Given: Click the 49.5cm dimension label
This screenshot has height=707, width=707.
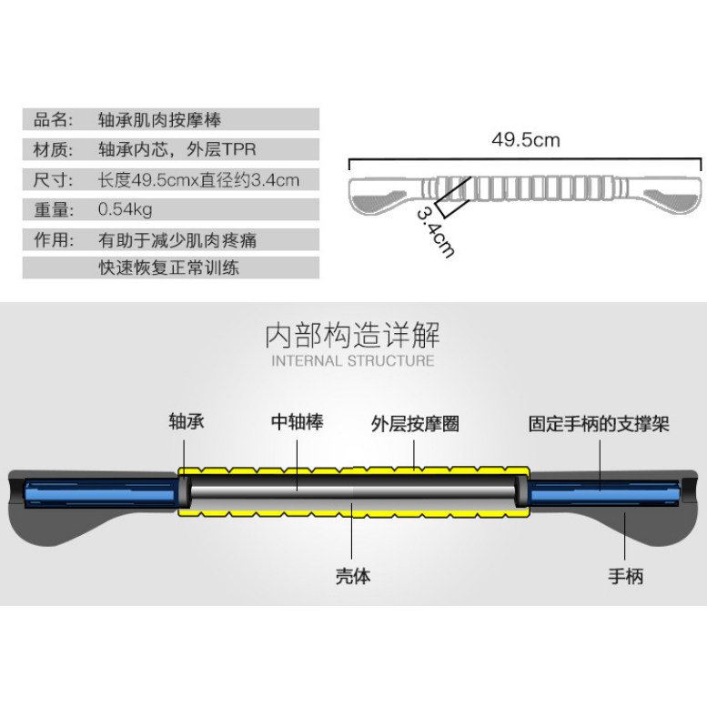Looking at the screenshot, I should (525, 140).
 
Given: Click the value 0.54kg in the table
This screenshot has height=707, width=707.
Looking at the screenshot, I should (125, 209).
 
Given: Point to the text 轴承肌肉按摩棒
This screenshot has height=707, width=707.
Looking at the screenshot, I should (160, 119).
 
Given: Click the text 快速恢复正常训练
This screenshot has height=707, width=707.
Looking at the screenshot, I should (169, 268).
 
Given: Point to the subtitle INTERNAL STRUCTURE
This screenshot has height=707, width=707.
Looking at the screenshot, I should (353, 361).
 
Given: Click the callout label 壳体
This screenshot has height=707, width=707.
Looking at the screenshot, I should (353, 576).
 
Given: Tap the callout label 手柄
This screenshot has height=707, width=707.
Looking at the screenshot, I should (625, 576).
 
